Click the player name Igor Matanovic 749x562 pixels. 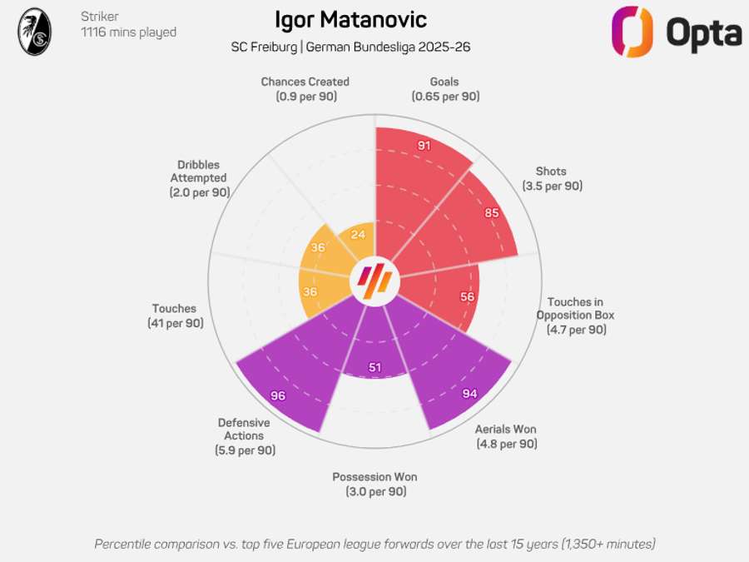click(350, 20)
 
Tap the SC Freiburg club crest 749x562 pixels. click(34, 32)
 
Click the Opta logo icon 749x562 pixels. click(632, 32)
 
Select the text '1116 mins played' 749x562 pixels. click(128, 32)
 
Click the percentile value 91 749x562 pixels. click(424, 146)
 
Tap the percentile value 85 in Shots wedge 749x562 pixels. click(492, 212)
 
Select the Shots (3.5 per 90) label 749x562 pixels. click(553, 178)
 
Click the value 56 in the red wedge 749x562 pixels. click(467, 297)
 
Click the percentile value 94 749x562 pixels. click(469, 393)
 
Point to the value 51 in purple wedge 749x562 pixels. click(374, 368)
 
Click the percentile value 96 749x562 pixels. click(278, 395)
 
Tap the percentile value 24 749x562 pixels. click(358, 235)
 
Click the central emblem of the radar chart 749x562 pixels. click(374, 282)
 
